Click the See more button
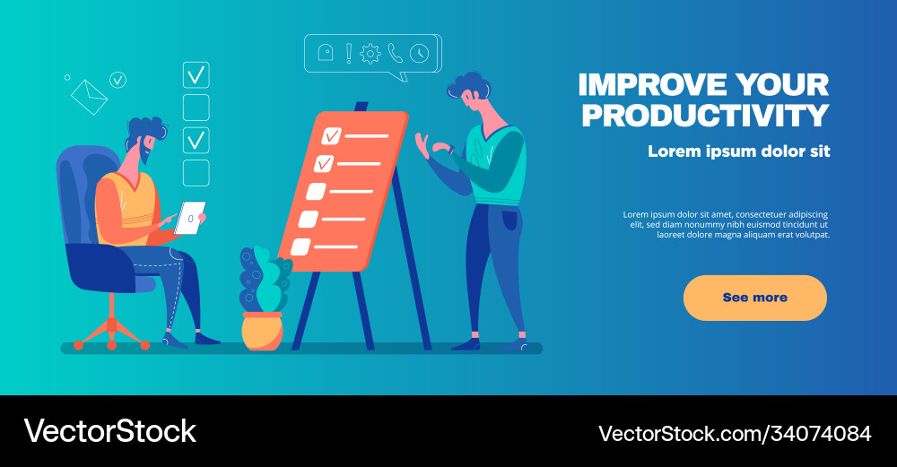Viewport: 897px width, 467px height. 754,298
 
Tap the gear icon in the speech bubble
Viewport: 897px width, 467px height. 370,54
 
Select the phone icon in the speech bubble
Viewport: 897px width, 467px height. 396,53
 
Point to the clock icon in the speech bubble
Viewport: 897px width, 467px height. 419,53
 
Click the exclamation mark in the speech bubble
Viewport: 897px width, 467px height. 349,53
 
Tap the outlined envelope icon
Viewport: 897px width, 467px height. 89,97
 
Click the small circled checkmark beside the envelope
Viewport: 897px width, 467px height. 118,81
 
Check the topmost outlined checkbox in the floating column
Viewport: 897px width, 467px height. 196,74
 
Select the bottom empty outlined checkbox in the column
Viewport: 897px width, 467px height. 196,173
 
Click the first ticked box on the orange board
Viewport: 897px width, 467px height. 332,135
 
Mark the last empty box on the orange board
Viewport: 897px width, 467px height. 300,246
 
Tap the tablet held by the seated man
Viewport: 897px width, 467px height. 189,218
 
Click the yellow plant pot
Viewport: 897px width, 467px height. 262,331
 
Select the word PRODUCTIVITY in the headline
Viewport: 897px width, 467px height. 704,116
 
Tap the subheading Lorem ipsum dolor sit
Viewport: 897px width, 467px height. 739,151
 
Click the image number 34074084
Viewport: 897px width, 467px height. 819,434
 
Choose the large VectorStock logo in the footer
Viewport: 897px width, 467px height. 109,431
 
